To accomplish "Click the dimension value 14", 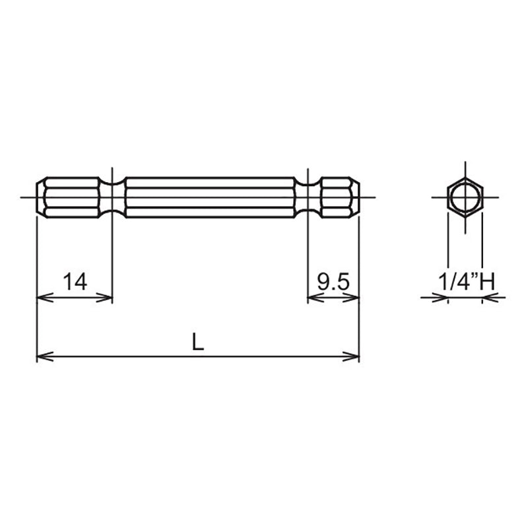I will tap(75, 282).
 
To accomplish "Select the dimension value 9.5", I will tap(333, 282).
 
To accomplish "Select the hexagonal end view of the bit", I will tap(465, 197).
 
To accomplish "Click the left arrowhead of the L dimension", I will tap(41, 357).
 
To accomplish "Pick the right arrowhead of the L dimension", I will tap(354, 357).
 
